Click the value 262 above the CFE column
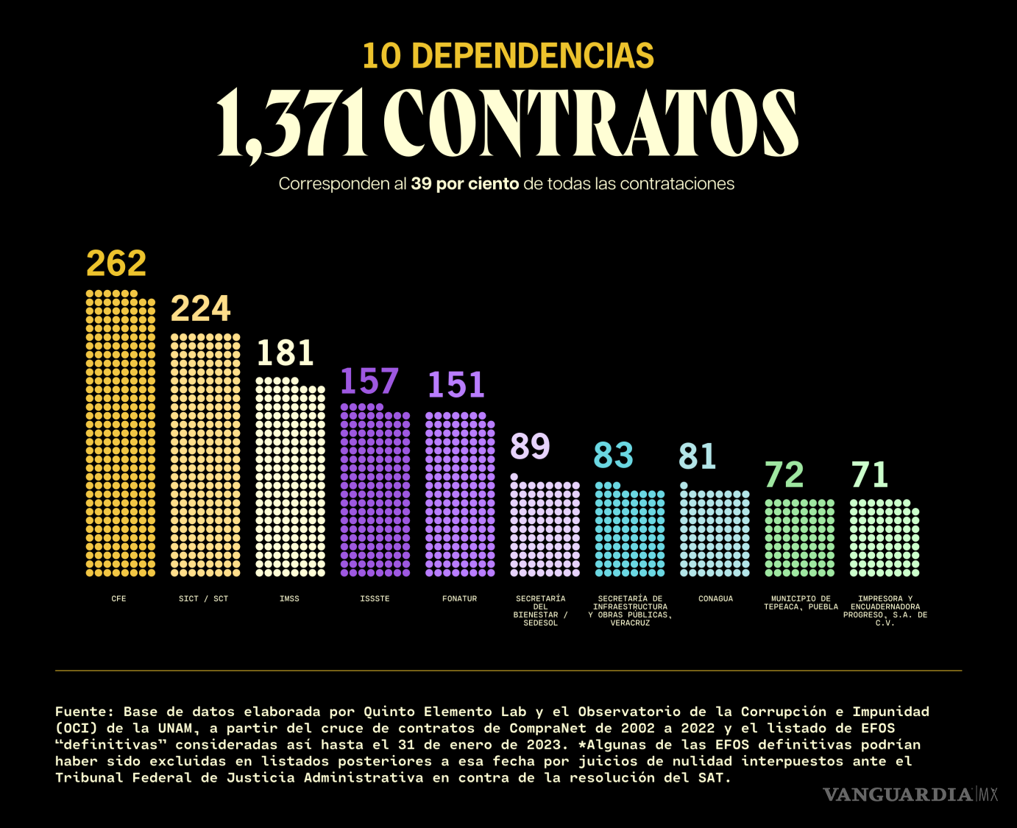coord(116,263)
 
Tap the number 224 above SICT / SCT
coord(201,309)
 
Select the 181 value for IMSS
coord(286,353)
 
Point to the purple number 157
coord(369,381)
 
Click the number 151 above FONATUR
coord(456,385)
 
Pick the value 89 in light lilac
coord(531,447)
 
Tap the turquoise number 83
coord(614,456)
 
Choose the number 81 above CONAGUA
coord(698,456)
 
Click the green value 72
coord(784,475)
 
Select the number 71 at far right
coord(870,475)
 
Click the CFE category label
coord(118,599)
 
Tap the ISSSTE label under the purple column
coord(375,599)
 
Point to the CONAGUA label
coord(715,599)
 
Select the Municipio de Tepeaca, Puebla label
coord(801,603)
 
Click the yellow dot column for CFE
coord(121,434)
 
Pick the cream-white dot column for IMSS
coord(290,478)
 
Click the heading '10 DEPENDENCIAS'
coord(508,57)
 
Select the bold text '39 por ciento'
coord(465,184)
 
